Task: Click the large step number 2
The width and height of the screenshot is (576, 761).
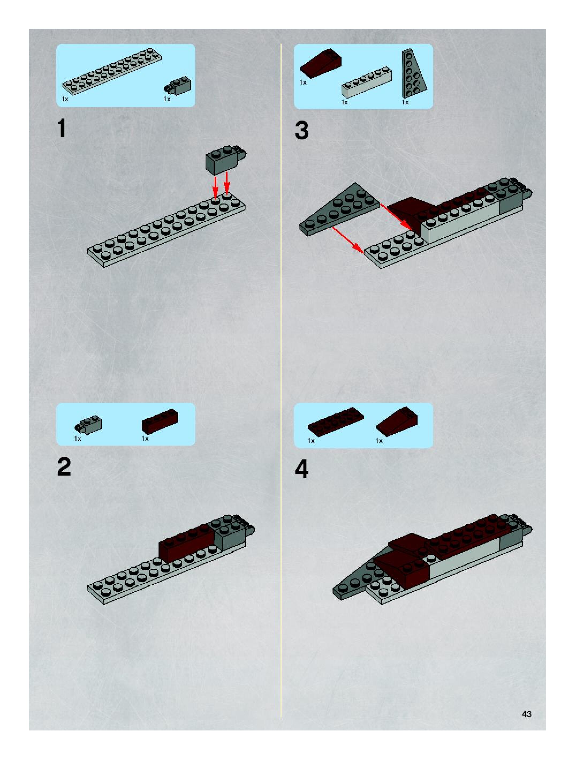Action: tap(64, 467)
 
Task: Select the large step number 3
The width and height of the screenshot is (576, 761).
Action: tap(302, 131)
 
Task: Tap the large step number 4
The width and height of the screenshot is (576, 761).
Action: tap(302, 469)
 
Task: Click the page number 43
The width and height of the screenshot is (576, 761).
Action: tap(526, 714)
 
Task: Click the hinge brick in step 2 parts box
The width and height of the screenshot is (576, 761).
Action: tap(88, 424)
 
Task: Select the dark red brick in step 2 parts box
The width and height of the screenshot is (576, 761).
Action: tap(160, 421)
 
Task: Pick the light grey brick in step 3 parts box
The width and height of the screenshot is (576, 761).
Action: tap(367, 82)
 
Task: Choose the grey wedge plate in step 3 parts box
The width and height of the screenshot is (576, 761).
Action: tap(414, 73)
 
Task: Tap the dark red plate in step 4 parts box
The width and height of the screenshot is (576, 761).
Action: tap(336, 422)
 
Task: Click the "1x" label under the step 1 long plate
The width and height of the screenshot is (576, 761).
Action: tap(65, 99)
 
